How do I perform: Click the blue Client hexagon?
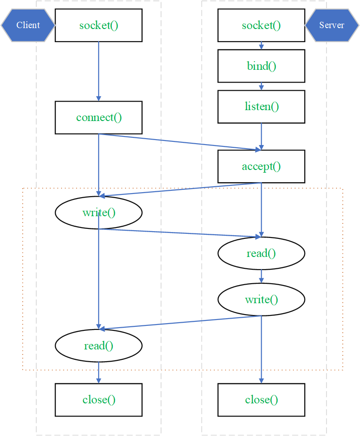pos(28,25)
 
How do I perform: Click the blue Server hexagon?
pos(332,25)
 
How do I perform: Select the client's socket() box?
pos(99,25)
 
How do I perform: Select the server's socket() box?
pos(261,25)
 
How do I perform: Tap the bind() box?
pos(261,66)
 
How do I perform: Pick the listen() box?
pos(261,107)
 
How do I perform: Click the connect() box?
pos(99,117)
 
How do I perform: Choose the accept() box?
pos(261,166)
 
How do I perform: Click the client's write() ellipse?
pos(99,213)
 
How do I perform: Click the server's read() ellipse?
pos(261,253)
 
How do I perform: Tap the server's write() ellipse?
pos(261,299)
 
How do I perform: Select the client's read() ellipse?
pos(99,345)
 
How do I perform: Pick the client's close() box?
pos(99,400)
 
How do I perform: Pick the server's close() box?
pos(261,400)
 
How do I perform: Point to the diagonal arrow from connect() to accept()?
pos(180,142)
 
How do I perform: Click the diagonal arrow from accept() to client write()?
pos(180,189)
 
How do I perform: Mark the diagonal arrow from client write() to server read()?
pos(180,233)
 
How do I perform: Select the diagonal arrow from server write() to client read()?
pos(180,323)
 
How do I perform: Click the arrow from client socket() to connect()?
pos(99,71)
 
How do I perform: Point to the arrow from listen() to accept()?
pos(261,136)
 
